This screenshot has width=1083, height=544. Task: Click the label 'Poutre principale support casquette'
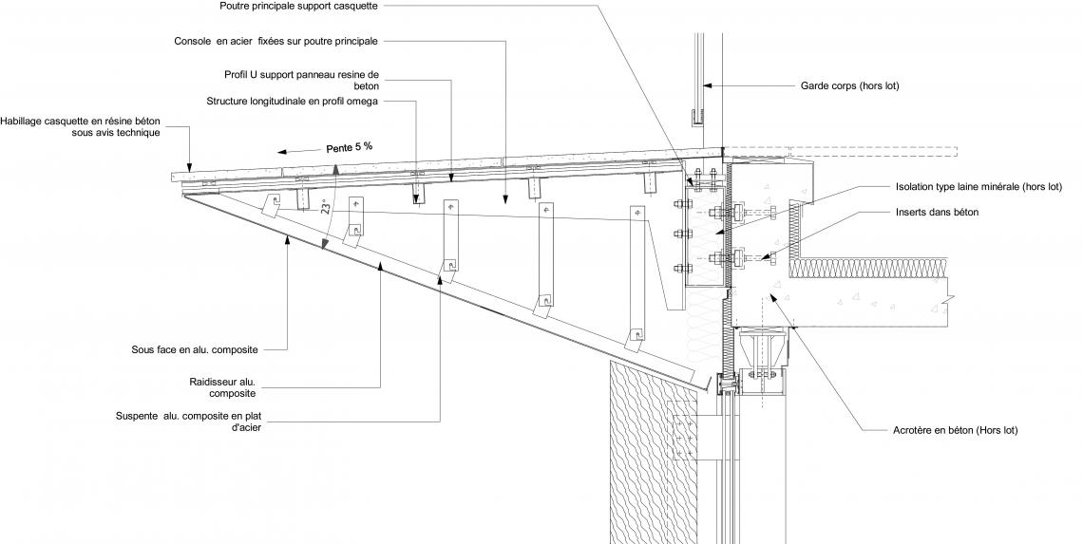click(x=298, y=7)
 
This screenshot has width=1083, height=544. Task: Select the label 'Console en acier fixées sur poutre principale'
click(x=275, y=42)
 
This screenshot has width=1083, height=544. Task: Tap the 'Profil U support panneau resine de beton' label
click(x=302, y=80)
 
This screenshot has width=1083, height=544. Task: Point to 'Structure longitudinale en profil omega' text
click(x=293, y=102)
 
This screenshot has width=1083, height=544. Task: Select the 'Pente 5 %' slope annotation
click(x=349, y=148)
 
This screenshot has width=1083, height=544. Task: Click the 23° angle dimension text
click(x=325, y=206)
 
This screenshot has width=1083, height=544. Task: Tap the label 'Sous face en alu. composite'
click(x=195, y=350)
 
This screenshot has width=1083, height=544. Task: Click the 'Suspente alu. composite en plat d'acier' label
click(x=188, y=422)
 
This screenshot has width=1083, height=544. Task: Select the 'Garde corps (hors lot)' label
click(x=850, y=86)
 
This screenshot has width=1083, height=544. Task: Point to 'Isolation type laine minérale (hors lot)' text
click(x=978, y=187)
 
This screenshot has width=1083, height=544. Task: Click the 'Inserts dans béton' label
click(x=938, y=213)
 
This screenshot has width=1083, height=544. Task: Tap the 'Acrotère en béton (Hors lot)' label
click(x=955, y=430)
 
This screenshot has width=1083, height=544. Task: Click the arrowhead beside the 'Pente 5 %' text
click(x=282, y=152)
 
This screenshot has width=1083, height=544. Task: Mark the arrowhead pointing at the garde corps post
click(x=707, y=86)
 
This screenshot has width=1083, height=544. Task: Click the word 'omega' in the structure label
click(x=363, y=103)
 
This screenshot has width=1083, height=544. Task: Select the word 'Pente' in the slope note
click(x=338, y=148)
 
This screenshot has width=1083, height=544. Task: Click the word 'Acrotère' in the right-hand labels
click(x=912, y=430)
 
